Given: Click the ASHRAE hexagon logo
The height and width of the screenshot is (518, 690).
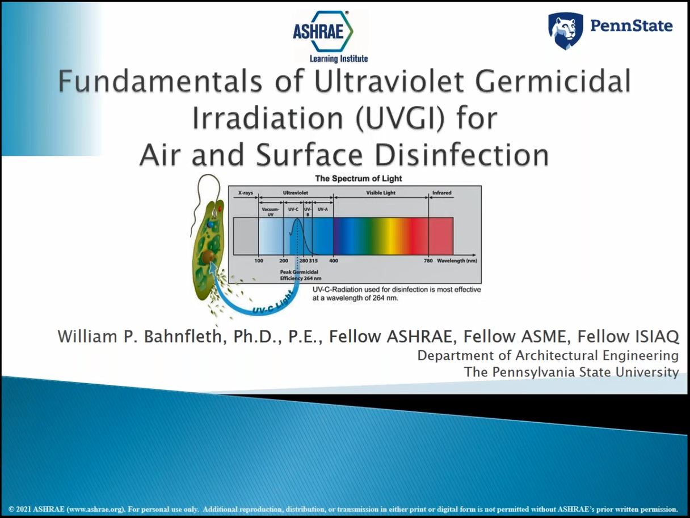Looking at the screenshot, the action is click(323, 31).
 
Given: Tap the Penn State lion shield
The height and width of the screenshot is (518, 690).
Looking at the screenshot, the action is click(566, 31).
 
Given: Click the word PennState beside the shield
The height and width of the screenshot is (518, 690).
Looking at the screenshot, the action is click(631, 26).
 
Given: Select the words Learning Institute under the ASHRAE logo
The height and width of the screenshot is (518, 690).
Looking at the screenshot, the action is click(339, 59).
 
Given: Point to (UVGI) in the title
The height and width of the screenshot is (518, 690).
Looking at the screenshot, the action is click(399, 118).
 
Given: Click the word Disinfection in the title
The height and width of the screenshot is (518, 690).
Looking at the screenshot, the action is click(462, 155).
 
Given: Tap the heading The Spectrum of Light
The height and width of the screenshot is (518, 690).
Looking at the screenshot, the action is click(359, 179).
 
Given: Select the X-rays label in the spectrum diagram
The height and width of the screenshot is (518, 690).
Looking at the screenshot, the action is click(246, 193).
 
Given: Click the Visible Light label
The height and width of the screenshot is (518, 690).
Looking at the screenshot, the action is click(381, 193).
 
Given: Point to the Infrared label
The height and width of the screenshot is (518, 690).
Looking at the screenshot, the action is click(441, 193).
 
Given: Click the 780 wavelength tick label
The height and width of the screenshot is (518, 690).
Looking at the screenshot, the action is click(428, 261).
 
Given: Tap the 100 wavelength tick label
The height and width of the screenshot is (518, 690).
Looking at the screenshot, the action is click(259, 261).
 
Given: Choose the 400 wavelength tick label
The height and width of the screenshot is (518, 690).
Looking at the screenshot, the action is click(334, 261).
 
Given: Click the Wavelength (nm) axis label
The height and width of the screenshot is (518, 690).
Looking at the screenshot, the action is click(457, 261).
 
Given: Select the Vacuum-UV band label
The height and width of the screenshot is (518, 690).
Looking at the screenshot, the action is click(270, 211).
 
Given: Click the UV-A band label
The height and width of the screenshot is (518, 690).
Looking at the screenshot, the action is click(323, 209).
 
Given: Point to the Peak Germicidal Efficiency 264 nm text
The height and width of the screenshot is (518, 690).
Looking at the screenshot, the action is click(301, 275).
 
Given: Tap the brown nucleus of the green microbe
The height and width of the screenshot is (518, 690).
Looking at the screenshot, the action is click(208, 257).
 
